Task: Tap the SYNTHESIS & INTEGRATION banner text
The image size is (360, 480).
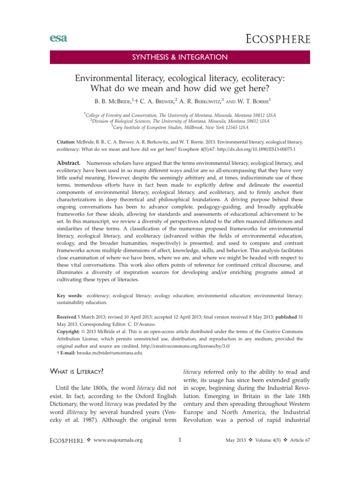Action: click(180, 58)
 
